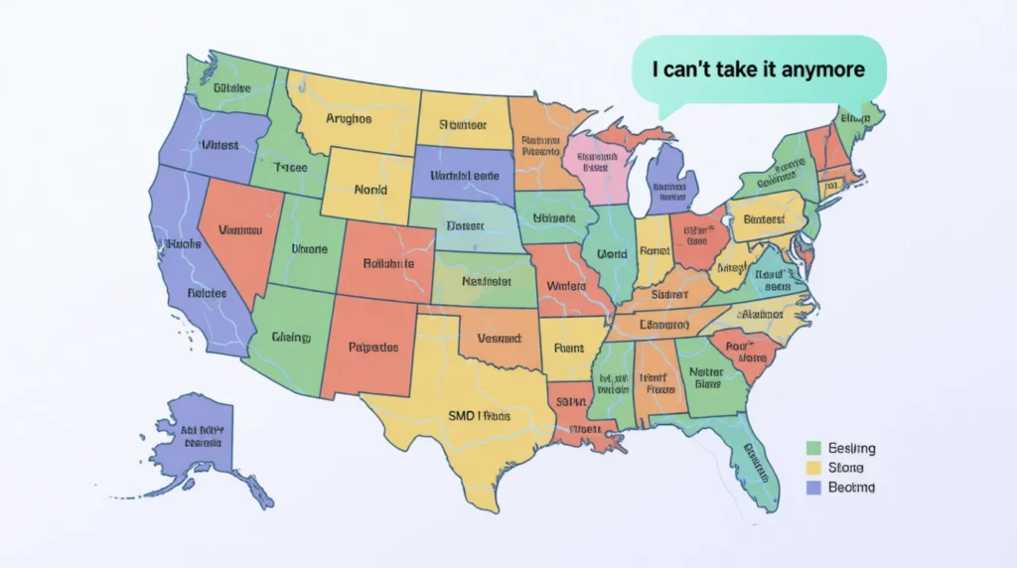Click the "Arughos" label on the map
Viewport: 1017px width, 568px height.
[x=349, y=118]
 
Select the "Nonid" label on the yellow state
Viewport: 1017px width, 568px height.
[x=368, y=189]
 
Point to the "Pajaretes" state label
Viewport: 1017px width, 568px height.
[x=373, y=348]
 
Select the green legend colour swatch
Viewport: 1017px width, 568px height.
[x=814, y=449]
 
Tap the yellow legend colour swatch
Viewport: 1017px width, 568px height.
[x=814, y=468]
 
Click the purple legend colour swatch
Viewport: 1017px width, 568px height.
[x=814, y=488]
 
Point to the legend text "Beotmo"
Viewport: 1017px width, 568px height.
[x=851, y=488]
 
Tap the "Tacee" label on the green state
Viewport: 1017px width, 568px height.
[x=291, y=168]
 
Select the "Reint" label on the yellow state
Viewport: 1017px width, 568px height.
[x=569, y=348]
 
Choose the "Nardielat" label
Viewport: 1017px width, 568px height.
[x=487, y=282]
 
